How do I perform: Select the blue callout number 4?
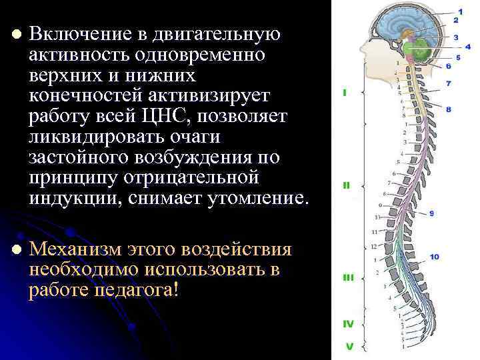point(457,47)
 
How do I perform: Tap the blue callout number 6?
point(448,66)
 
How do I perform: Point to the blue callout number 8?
point(448,109)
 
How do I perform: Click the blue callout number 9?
point(432,213)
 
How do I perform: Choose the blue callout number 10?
point(434,257)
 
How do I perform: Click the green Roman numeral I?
point(345,93)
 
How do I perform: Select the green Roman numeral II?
point(346,185)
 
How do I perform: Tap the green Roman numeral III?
point(347,277)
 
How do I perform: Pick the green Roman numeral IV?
point(348,324)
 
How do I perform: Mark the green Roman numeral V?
point(348,346)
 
